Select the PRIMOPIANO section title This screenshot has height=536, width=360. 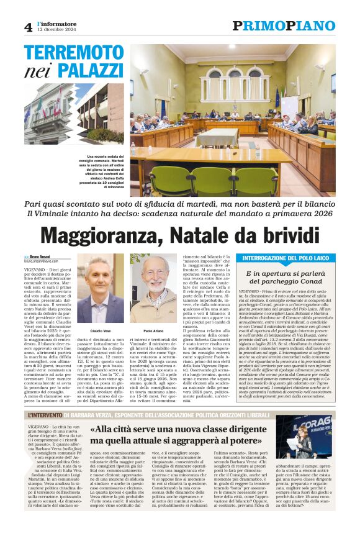(284, 26)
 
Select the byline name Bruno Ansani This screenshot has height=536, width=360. (43, 257)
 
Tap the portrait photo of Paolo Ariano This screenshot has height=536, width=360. (152, 288)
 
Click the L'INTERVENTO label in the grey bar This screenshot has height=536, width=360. (46, 415)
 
